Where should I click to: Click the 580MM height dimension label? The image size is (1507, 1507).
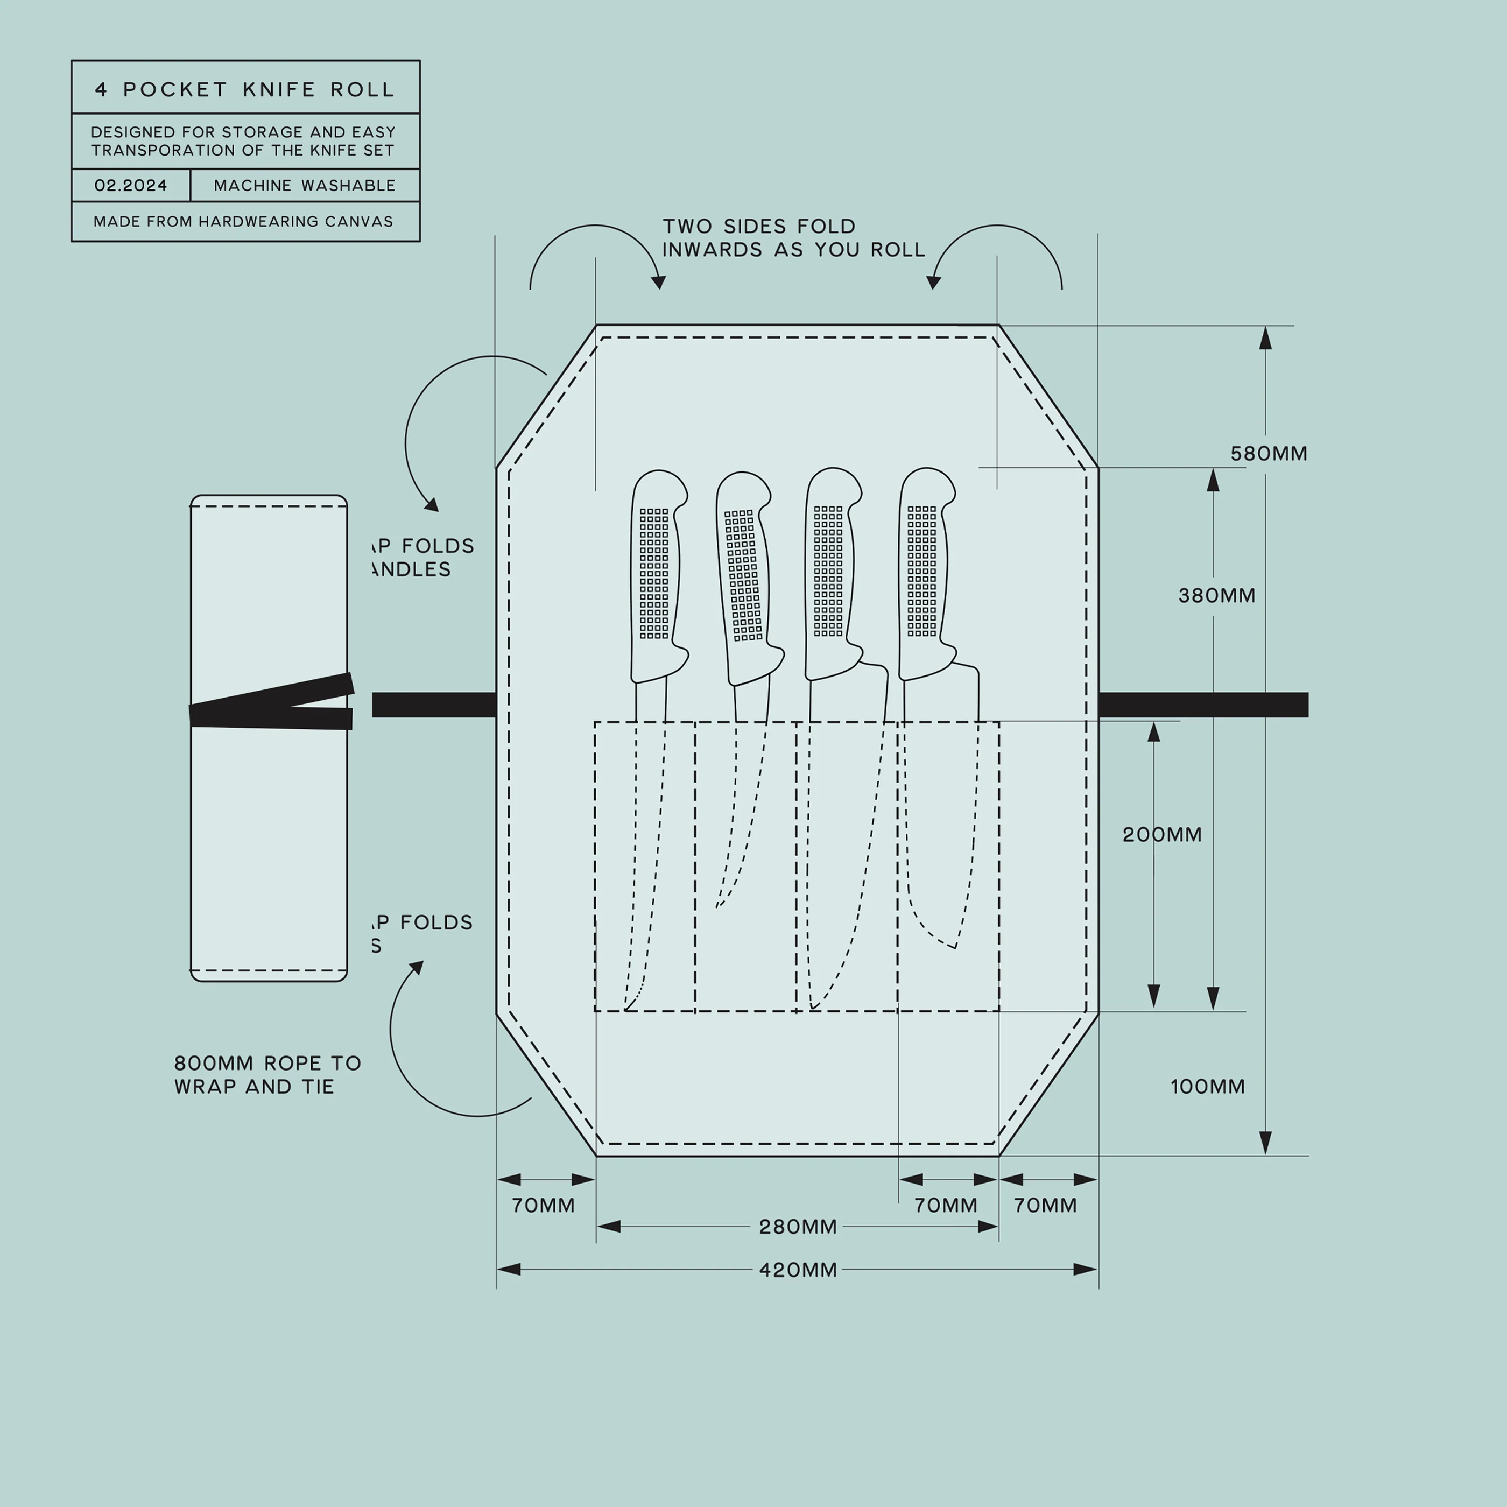click(x=1269, y=453)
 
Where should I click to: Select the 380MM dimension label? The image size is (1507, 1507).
click(x=1216, y=595)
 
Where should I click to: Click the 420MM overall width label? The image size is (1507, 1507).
click(x=797, y=1270)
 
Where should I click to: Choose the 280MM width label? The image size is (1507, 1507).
click(x=797, y=1227)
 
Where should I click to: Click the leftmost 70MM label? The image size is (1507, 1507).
click(x=543, y=1205)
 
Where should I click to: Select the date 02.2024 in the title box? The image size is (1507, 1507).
click(x=130, y=186)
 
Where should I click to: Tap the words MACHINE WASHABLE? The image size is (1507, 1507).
click(x=304, y=186)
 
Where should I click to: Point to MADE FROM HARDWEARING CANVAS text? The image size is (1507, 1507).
click(x=243, y=222)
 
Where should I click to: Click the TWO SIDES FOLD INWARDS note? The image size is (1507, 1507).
click(x=792, y=237)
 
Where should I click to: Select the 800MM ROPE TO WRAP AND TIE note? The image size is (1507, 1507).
click(x=267, y=1074)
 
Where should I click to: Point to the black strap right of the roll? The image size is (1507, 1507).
click(x=1201, y=705)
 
